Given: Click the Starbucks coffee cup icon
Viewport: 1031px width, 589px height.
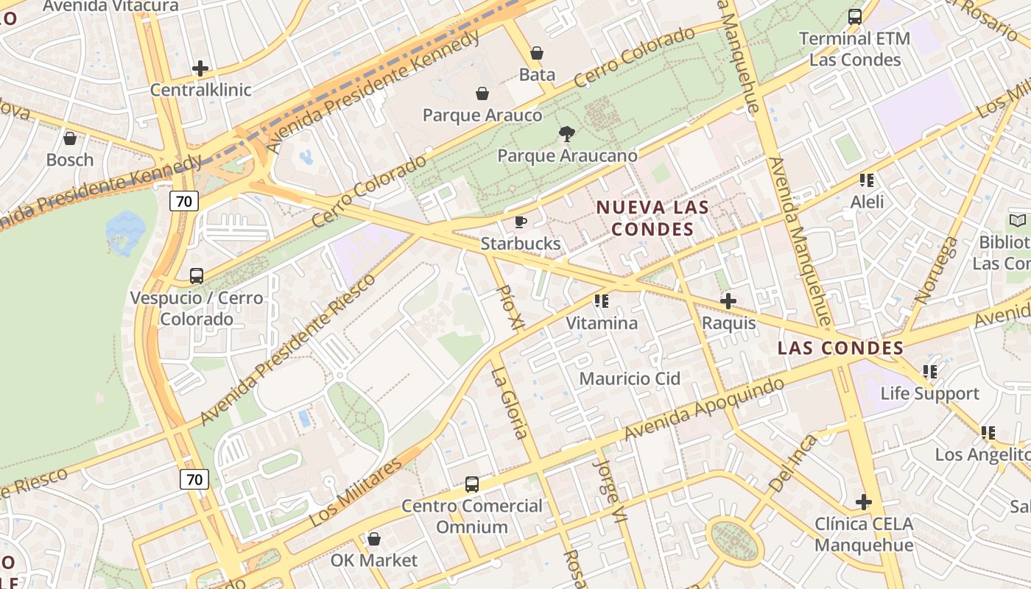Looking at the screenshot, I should coord(521,222).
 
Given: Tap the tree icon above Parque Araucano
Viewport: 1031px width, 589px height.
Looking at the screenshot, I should coord(566,134).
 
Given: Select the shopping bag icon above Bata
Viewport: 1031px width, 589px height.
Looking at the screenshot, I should coord(537,53).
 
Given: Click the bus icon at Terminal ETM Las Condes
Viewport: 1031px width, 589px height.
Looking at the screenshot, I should coord(854,17).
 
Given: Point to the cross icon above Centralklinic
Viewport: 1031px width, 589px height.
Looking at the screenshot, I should coord(200,68).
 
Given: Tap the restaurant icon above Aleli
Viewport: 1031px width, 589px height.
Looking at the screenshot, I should coord(867,180).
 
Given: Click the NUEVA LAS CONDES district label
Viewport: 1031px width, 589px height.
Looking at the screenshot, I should coord(652,218).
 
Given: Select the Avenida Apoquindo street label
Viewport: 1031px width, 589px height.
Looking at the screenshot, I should coord(704,410).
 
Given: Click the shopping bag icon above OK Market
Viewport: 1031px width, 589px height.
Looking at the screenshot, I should coord(374,539).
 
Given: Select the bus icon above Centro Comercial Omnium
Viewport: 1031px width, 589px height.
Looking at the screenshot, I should coord(472,484).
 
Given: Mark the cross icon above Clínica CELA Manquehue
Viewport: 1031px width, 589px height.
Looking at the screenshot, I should coord(863,503).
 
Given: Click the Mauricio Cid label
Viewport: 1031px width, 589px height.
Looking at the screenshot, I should coord(630,378).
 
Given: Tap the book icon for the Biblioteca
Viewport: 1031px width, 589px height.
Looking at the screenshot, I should coord(1017,220).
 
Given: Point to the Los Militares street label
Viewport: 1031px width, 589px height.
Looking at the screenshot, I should coord(356,491).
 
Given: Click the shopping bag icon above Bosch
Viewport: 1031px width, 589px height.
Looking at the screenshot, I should coord(70,138).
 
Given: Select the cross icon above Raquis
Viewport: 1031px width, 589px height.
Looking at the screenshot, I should coord(728,301).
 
